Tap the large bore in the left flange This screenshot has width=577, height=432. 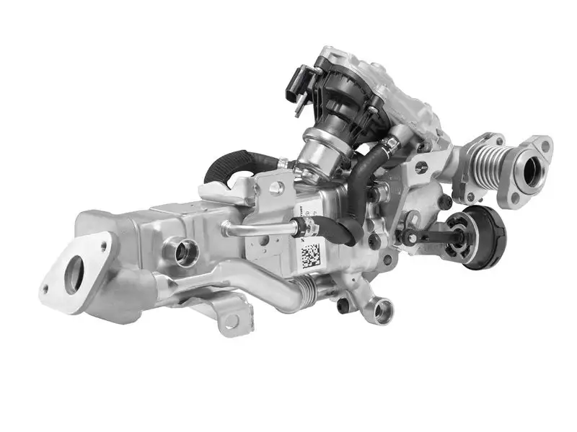(74, 275)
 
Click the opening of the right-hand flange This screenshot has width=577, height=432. (535, 172)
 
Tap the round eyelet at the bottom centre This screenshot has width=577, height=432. (382, 311)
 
